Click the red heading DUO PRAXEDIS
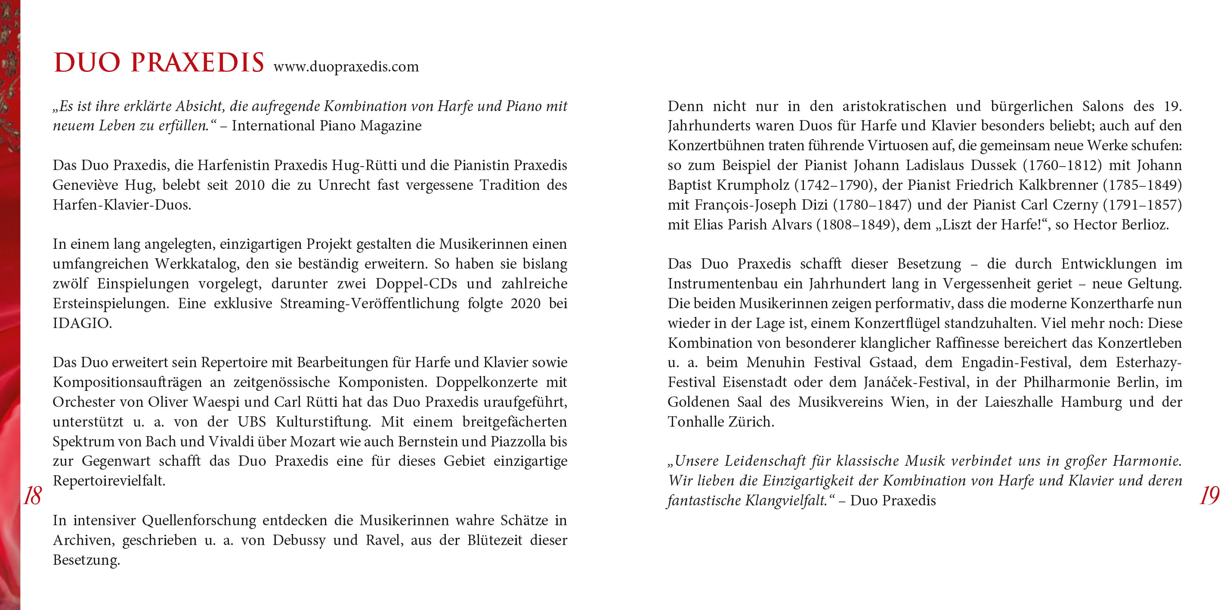[x=158, y=63]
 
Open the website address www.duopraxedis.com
[x=346, y=66]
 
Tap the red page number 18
[x=32, y=496]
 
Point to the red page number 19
[x=1209, y=496]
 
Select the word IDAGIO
[x=82, y=323]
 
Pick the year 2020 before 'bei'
[x=525, y=304]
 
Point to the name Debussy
[x=299, y=541]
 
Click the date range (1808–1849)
[x=856, y=225]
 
